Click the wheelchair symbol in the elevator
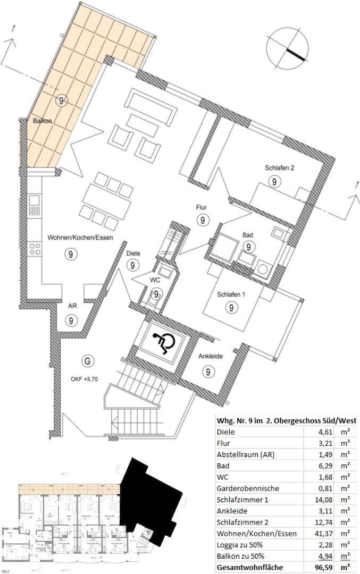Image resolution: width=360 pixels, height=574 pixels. pyautogui.click(x=163, y=344)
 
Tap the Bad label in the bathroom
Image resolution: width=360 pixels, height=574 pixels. pyautogui.click(x=248, y=234)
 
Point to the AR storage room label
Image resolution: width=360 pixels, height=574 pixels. pyautogui.click(x=72, y=306)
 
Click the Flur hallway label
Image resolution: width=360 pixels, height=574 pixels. pyautogui.click(x=201, y=208)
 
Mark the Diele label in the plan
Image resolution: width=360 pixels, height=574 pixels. pyautogui.click(x=133, y=254)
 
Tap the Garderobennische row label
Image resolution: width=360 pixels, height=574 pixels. pyautogui.click(x=248, y=488)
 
